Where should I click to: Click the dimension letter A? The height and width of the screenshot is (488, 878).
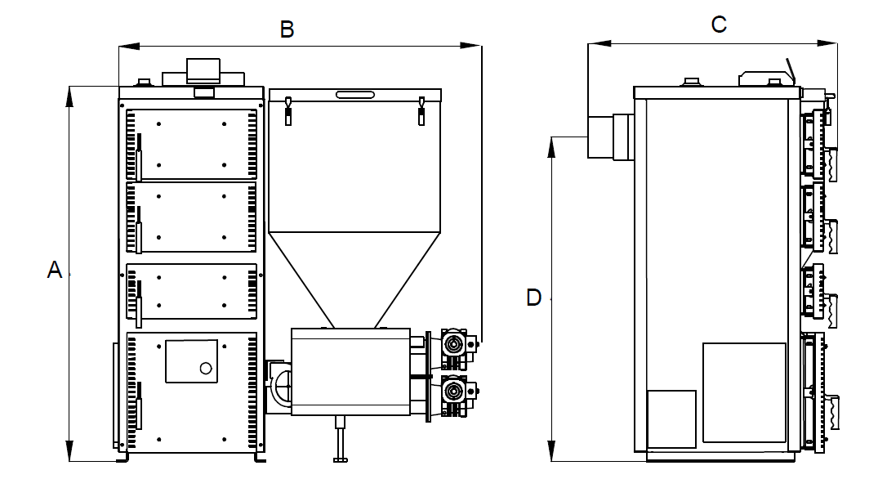55,270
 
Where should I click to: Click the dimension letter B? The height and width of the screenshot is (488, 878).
287,29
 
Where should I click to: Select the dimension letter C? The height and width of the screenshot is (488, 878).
719,24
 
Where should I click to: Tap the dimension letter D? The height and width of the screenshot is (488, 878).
533,298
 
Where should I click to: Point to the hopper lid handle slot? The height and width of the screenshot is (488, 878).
355,95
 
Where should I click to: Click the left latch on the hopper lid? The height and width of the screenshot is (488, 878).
288,111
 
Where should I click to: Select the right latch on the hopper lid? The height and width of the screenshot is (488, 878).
421,111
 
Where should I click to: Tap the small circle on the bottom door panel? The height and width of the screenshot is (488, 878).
206,368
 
